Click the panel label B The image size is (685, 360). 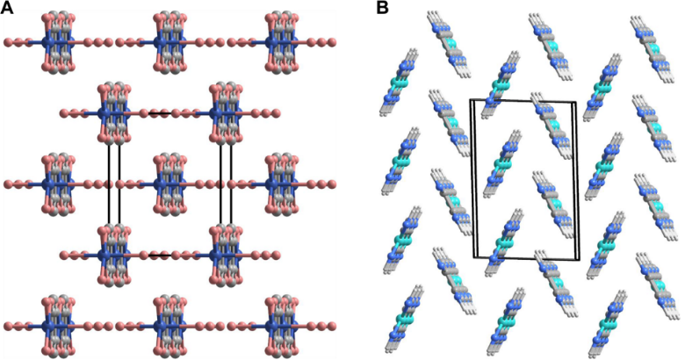(382, 8)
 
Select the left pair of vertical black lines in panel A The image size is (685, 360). (113, 184)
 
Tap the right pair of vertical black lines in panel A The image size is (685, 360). (226, 184)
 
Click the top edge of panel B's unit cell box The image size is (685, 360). (524, 102)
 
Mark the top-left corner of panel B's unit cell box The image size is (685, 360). (471, 100)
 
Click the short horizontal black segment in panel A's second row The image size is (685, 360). (159, 112)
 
